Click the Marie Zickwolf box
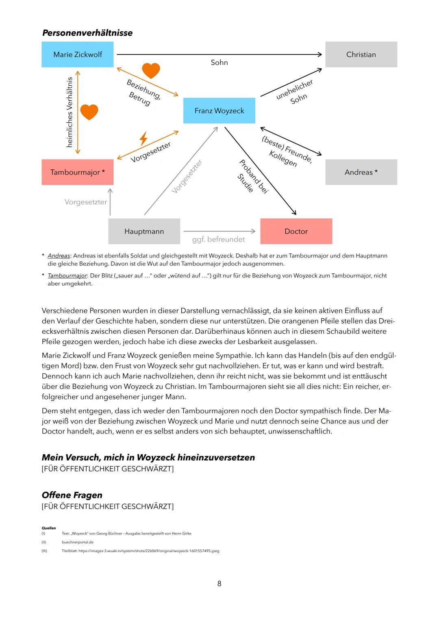pos(77,54)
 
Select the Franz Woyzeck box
pos(219,110)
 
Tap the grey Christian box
pos(361,54)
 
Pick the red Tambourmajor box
pos(77,172)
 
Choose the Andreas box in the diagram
pos(361,172)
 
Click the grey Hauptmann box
pos(144,231)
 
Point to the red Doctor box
pos(296,231)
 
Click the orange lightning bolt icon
pos(143,138)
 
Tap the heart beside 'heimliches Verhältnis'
pos(89,112)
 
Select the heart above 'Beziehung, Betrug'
pos(151,71)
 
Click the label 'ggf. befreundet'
pos(218,240)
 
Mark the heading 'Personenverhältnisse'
pos(87,33)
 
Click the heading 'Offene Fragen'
pos(72,495)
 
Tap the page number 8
pos(219,583)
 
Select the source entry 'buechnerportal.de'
pos(78,542)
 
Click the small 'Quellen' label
pos(49,528)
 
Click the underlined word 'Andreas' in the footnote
pos(59,256)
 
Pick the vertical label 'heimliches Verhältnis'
pos(70,112)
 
